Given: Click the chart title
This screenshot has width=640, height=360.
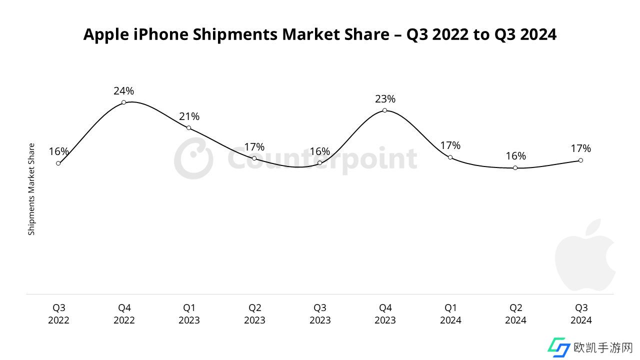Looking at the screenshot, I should point(319,34).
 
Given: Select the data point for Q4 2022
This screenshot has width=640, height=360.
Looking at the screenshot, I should point(123,102).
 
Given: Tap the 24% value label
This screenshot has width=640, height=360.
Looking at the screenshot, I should point(123,91).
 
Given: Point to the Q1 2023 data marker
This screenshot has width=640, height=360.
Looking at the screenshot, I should point(188,128).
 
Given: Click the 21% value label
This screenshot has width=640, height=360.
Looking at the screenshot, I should point(189,116).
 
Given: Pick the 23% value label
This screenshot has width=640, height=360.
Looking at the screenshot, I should point(385,99).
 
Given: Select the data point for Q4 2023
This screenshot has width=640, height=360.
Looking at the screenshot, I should point(384,110).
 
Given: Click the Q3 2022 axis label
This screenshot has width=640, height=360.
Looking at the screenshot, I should point(58,314).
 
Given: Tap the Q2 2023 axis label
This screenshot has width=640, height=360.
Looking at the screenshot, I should point(254,314).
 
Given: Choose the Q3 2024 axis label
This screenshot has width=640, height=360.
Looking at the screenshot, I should point(581,314).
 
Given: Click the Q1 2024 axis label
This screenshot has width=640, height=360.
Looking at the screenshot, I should point(450,314).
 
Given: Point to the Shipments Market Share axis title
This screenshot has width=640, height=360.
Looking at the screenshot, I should point(31,189).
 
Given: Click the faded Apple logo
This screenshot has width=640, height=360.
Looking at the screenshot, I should point(585,255).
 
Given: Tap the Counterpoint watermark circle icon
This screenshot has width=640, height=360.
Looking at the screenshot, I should point(193,159).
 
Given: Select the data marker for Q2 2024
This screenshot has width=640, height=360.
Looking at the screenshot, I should point(515,168).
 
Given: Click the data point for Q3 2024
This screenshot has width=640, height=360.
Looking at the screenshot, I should point(580,160).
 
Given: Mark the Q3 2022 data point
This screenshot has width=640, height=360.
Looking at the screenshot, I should point(58,163).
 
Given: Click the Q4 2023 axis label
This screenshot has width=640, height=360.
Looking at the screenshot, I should point(385,314).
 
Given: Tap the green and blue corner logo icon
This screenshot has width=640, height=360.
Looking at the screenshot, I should point(558,347).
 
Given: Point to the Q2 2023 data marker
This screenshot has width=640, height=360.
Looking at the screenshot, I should point(254,158).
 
